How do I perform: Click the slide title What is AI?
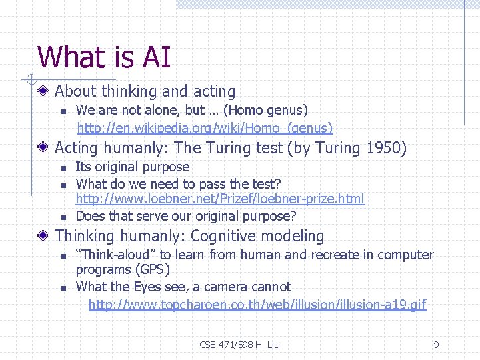coord(104,57)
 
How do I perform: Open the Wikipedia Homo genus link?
coord(205,127)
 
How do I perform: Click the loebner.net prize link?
coord(220,199)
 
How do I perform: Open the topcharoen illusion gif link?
coord(257,305)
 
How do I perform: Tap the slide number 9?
coord(436,345)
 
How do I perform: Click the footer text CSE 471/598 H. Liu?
coord(239,345)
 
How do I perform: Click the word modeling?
coord(293,236)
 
